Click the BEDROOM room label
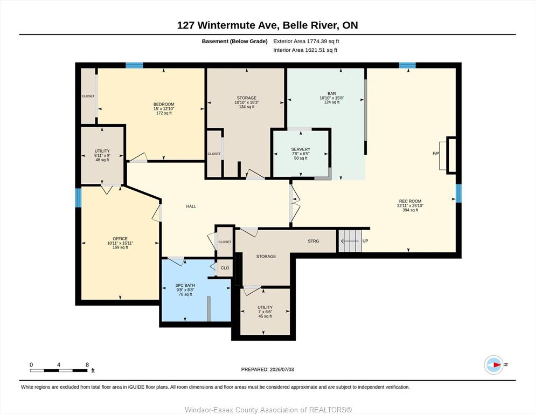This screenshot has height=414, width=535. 164,104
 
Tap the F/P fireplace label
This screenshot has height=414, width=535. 436,154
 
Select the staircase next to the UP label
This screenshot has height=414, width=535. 350,241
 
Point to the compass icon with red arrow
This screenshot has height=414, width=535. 494,365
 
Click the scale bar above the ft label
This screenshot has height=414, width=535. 59,370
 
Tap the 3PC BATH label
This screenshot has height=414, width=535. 185,285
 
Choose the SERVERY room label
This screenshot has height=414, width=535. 301,149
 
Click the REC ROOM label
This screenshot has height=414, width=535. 410,201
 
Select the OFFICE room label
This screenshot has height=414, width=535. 120,239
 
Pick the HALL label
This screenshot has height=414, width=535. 191,206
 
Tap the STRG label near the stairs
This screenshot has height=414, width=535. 313,241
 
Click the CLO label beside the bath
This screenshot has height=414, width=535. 225,268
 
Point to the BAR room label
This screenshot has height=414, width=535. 332,93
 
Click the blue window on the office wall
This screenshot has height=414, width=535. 79,198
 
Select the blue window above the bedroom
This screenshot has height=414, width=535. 134,65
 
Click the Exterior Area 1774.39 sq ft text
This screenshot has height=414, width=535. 306,42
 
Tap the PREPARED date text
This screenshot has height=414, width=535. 267,369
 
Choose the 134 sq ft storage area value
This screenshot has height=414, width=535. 247,107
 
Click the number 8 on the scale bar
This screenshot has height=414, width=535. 87,364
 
